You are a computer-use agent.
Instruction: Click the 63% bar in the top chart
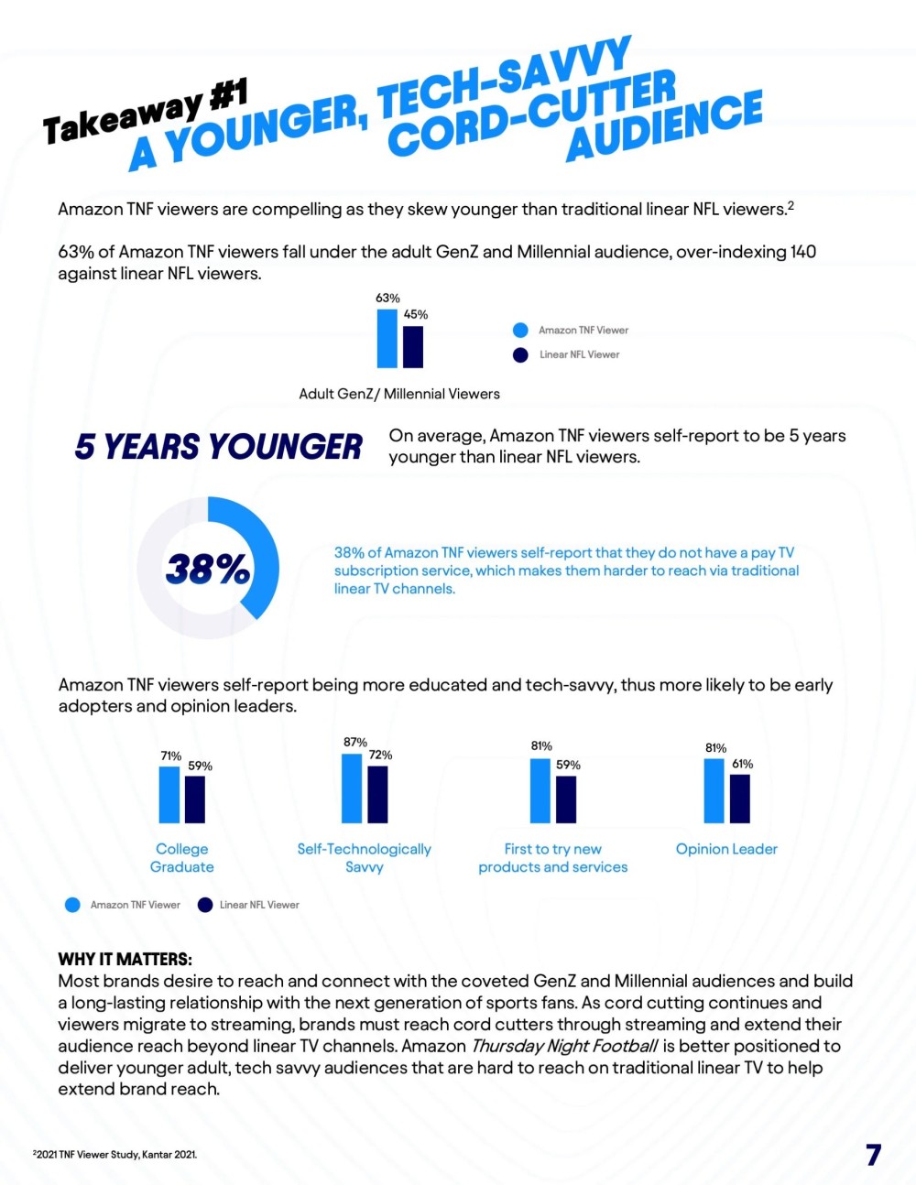click(x=387, y=338)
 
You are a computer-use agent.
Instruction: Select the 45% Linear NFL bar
click(x=413, y=347)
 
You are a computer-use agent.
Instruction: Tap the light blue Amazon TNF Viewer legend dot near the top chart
click(x=520, y=330)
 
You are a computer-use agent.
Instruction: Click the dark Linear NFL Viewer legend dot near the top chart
click(x=520, y=354)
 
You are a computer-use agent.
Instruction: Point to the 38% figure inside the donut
click(x=208, y=569)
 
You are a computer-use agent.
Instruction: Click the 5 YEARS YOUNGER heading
click(x=218, y=447)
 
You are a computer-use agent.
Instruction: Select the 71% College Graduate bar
click(x=169, y=795)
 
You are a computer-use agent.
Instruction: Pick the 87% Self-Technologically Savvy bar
click(x=352, y=788)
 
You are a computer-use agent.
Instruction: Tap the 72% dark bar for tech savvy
click(x=377, y=795)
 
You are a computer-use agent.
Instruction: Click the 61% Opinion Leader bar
click(x=739, y=799)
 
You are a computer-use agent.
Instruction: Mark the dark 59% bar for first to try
click(x=566, y=799)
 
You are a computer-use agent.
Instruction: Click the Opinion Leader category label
click(x=726, y=849)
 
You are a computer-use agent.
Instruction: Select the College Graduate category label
click(x=181, y=858)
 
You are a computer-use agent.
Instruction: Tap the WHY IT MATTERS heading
click(x=125, y=959)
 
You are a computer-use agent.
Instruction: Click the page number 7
click(x=873, y=1154)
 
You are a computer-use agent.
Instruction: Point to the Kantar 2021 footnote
click(x=115, y=1154)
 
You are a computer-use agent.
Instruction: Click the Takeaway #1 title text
click(x=145, y=114)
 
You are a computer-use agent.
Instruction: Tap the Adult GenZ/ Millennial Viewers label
click(x=399, y=394)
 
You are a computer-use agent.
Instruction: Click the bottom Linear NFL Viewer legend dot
click(x=205, y=905)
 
